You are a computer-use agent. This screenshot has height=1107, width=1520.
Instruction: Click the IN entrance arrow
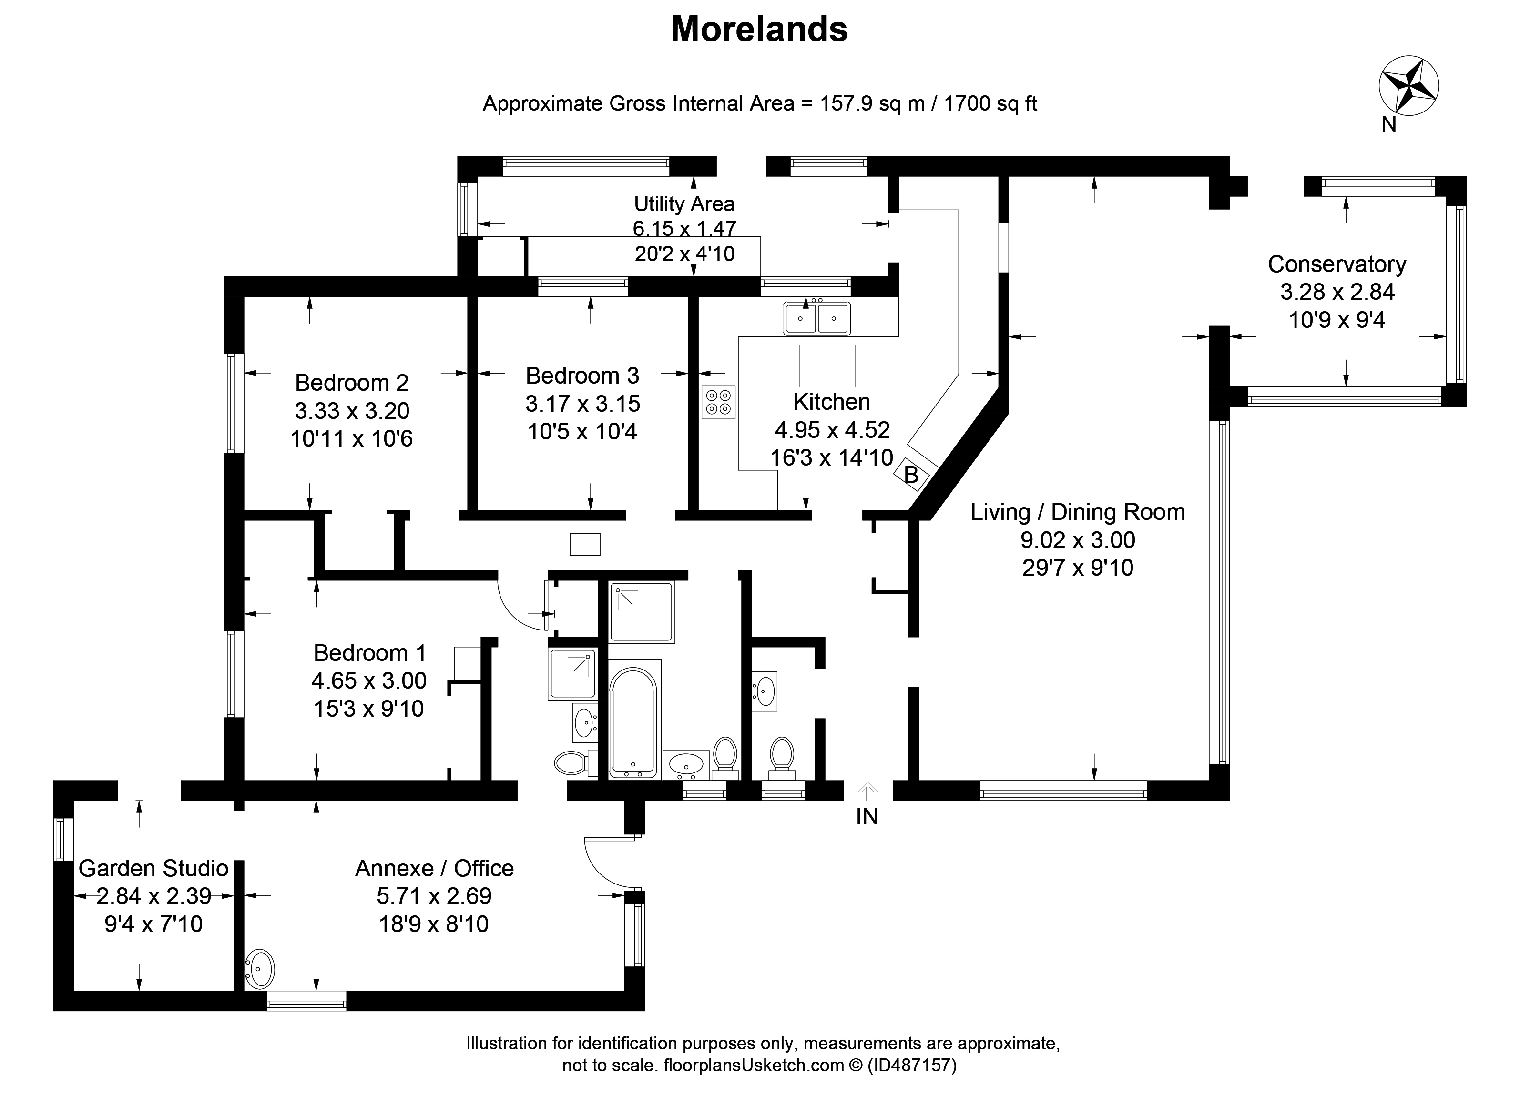pos(867,792)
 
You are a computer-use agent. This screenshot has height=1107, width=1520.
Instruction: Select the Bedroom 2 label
pos(351,383)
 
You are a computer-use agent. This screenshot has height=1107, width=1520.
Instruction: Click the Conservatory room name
pos(1336,264)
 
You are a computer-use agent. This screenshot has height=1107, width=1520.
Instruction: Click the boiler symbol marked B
pos(911,475)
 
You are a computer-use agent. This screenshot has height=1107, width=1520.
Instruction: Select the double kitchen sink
pos(817,318)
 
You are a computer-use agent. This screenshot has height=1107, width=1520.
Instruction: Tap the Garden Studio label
pos(153,868)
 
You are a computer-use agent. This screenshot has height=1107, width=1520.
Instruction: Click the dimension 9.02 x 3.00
pos(1078,539)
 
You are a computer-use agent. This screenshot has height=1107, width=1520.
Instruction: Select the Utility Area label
pos(684,203)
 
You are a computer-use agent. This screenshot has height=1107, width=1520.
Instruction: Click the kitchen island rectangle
pos(827,366)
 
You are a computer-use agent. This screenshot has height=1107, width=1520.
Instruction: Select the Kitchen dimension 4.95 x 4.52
pos(832,429)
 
